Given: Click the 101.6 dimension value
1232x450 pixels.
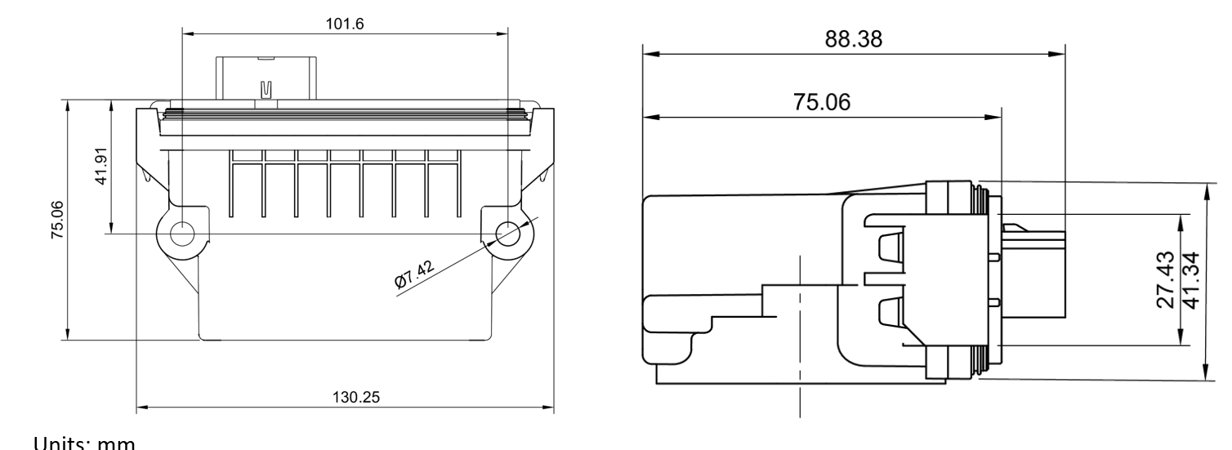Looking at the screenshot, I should (x=344, y=24).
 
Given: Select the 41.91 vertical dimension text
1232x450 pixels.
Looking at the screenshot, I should (x=100, y=167).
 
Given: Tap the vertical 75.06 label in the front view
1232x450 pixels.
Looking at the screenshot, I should (x=57, y=218).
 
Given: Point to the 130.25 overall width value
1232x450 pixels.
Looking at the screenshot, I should (x=344, y=396).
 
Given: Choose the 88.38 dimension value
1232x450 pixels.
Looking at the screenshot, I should (x=853, y=40).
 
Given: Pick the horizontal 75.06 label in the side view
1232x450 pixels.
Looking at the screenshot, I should (x=822, y=102).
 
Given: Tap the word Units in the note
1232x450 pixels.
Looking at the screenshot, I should (x=56, y=443).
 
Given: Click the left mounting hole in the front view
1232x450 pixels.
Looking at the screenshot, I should (x=181, y=233).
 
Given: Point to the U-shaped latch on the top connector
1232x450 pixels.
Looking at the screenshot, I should (x=265, y=89).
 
